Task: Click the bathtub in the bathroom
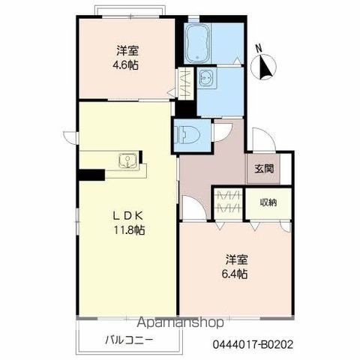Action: (x=197, y=43)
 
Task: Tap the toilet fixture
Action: (x=187, y=135)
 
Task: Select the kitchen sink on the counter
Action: (x=127, y=160)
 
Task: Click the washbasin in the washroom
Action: (x=207, y=78)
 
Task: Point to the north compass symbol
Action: (x=264, y=67)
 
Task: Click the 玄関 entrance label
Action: (x=264, y=169)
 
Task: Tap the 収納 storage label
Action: (x=268, y=202)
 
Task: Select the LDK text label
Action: (x=127, y=216)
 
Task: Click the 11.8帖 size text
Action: (x=129, y=230)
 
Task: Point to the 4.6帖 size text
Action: (x=125, y=65)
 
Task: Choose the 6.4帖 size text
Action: (x=235, y=274)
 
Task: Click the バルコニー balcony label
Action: (x=129, y=340)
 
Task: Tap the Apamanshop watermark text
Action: (x=181, y=322)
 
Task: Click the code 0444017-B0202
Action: (x=253, y=345)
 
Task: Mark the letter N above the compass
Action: (x=259, y=48)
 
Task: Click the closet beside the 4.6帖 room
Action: (x=185, y=83)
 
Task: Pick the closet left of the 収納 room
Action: (x=228, y=203)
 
